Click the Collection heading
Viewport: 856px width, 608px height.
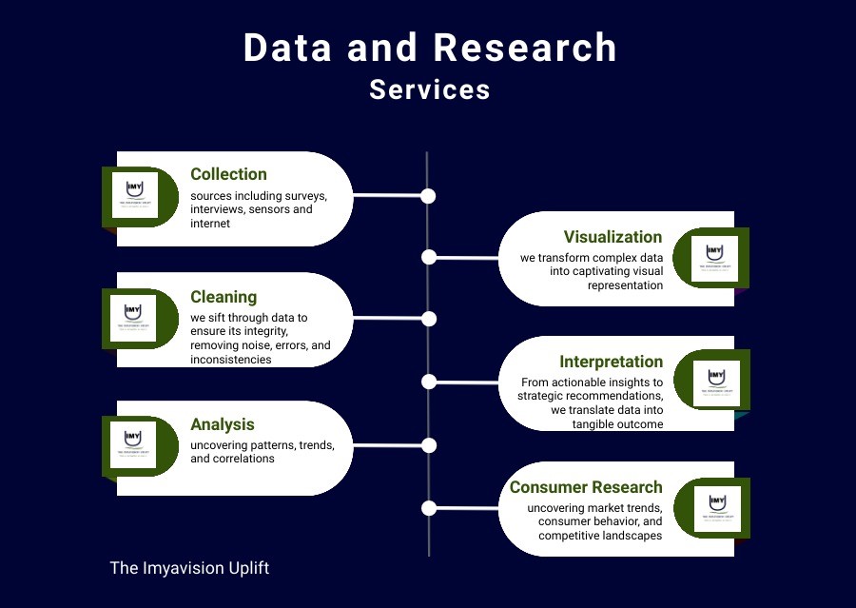(x=228, y=174)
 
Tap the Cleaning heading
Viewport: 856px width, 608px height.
(x=224, y=297)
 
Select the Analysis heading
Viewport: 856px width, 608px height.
(x=223, y=424)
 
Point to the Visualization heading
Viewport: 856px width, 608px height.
(x=613, y=237)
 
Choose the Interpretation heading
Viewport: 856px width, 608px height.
(x=611, y=362)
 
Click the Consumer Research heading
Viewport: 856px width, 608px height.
(x=586, y=487)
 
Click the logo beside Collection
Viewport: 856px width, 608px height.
(x=134, y=195)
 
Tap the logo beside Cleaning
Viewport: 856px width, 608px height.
(x=133, y=317)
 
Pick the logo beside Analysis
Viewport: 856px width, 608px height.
(x=133, y=444)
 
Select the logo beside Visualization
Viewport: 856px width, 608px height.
(x=714, y=258)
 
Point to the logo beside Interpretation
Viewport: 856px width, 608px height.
(x=716, y=382)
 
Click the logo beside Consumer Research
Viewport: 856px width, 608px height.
(x=716, y=508)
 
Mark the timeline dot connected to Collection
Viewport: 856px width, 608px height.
(x=428, y=196)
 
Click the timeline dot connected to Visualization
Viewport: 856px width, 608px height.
(x=429, y=257)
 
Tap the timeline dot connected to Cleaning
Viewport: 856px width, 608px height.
(x=429, y=319)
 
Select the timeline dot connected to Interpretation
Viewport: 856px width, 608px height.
(x=429, y=382)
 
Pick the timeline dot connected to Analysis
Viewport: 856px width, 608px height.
(x=429, y=445)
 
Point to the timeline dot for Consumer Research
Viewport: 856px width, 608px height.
(x=429, y=508)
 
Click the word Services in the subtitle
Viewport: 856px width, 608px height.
(x=430, y=89)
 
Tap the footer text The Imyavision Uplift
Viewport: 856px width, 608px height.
(x=189, y=568)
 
